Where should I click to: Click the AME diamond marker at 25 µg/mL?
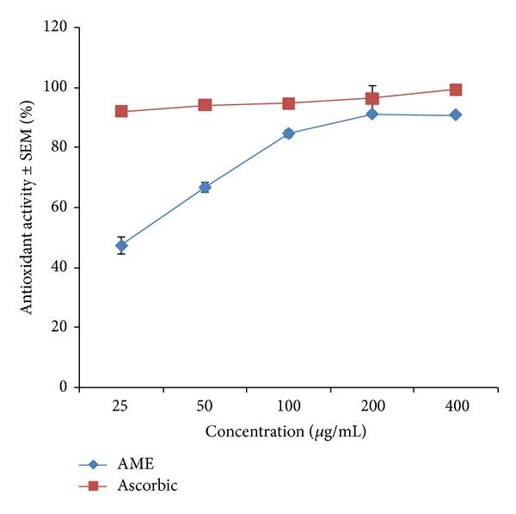coord(121,245)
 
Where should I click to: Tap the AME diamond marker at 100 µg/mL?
coord(288,133)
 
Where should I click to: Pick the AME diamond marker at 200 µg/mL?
coord(372,114)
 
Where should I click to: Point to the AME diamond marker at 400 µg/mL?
coord(455,115)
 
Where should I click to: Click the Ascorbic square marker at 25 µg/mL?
coord(121,111)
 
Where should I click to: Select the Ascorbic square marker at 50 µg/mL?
coord(205,105)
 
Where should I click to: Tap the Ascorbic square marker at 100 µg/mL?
coord(288,103)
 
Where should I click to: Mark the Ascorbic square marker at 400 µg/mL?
coord(455,90)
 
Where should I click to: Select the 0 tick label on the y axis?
coord(65,387)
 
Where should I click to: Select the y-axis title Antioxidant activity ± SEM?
coord(28,207)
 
